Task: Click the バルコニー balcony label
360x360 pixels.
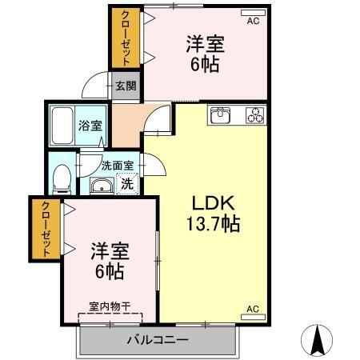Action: [158, 340]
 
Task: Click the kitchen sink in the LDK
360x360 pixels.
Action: [221, 116]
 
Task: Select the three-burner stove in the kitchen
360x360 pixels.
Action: [254, 116]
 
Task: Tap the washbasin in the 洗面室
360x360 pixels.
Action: [100, 187]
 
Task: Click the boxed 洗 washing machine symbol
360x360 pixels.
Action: [126, 183]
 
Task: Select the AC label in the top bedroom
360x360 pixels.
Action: [253, 21]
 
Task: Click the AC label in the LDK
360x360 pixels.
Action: [252, 309]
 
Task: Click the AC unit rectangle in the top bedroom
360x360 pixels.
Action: [252, 12]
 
